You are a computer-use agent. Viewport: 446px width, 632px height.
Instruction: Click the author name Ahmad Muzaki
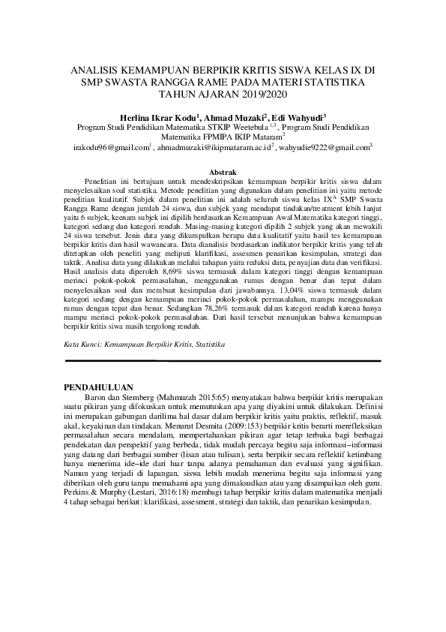point(228,117)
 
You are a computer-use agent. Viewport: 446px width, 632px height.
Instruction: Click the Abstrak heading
point(222,172)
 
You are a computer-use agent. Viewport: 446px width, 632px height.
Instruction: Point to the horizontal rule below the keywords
point(223,381)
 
